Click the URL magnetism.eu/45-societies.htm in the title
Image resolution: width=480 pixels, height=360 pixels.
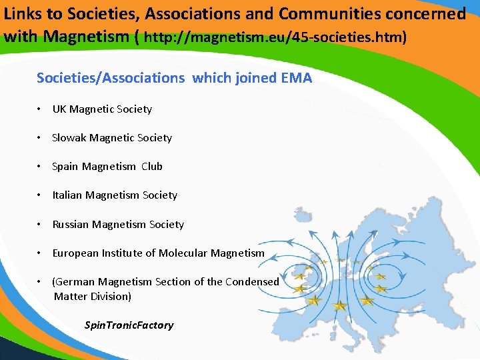tap(275, 37)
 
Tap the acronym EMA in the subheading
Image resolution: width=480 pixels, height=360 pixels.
tap(296, 78)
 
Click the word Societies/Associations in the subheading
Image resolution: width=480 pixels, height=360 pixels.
tap(111, 78)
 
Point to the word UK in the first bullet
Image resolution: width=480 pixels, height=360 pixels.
tap(59, 109)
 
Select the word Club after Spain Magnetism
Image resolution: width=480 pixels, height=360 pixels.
tap(152, 167)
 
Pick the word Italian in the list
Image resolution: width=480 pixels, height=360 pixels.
tap(67, 195)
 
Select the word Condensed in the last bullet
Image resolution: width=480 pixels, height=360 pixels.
tap(252, 282)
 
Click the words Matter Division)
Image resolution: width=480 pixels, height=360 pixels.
tap(93, 296)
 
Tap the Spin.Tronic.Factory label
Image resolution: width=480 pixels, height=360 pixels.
tap(129, 325)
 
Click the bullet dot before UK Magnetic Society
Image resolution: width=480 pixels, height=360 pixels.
tap(41, 109)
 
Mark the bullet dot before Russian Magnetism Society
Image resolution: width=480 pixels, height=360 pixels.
tap(41, 225)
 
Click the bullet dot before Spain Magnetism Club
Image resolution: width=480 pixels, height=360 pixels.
tap(41, 167)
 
